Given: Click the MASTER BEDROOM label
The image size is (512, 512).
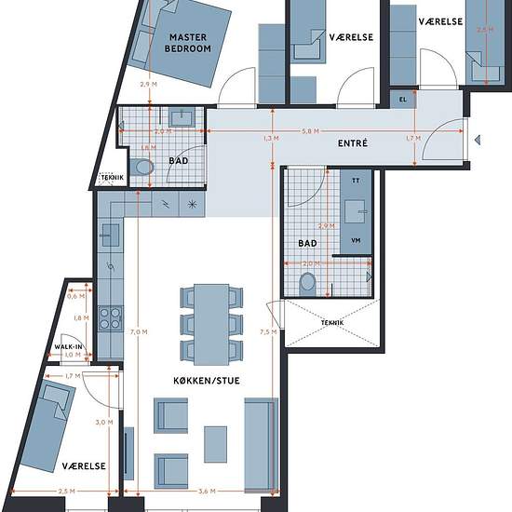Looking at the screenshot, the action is [188, 43].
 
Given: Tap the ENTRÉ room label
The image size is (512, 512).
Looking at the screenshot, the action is [353, 143].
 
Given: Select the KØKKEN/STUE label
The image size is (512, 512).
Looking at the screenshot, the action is [207, 381].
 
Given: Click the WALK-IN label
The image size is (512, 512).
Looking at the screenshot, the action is [68, 347].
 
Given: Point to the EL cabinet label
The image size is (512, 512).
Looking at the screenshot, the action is [403, 100].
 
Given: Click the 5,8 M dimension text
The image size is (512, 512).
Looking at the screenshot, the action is [310, 131].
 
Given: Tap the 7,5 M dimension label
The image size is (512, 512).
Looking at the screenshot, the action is [268, 332].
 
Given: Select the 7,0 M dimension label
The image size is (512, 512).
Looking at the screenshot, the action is [139, 332].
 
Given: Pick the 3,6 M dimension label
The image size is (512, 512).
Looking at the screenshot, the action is [207, 492].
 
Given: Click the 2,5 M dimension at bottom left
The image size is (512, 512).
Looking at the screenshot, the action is [67, 492].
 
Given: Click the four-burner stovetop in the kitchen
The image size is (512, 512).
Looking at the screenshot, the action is [111, 318].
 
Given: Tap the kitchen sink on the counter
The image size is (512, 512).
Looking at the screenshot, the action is [111, 236].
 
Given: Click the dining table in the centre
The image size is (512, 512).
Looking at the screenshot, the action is [211, 325].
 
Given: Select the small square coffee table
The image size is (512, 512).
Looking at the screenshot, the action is [216, 444].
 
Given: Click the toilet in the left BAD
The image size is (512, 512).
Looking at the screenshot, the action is [142, 168].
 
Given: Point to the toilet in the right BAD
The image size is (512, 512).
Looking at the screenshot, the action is [307, 283].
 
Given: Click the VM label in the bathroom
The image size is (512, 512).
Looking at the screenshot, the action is [356, 241].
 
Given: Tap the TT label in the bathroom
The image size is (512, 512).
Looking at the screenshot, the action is [356, 181].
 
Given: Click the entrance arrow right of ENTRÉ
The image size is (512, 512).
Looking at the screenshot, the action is [478, 140].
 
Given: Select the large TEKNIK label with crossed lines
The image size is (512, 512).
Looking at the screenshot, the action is [332, 323].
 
